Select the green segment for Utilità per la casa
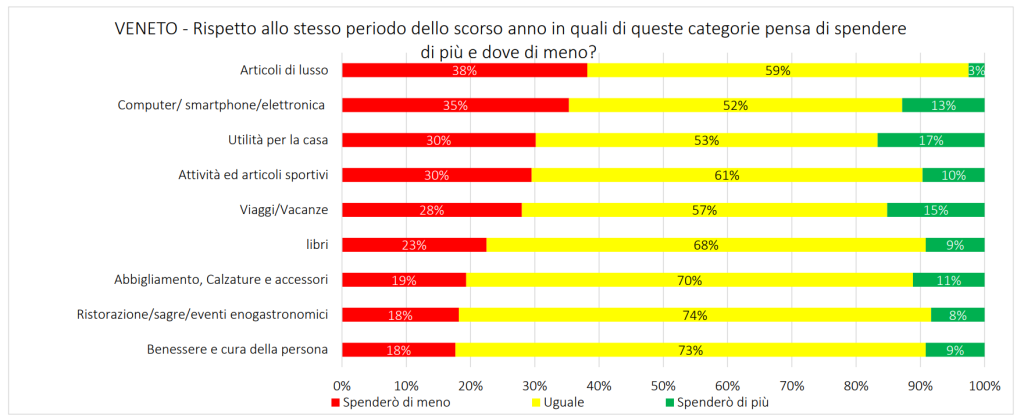[930, 140]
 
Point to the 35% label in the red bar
[455, 105]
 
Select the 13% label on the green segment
[943, 105]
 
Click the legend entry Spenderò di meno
[396, 403]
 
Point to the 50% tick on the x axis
[663, 385]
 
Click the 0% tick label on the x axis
[342, 385]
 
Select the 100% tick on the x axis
[984, 385]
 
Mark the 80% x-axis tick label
[856, 385]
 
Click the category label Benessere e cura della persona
[238, 350]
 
